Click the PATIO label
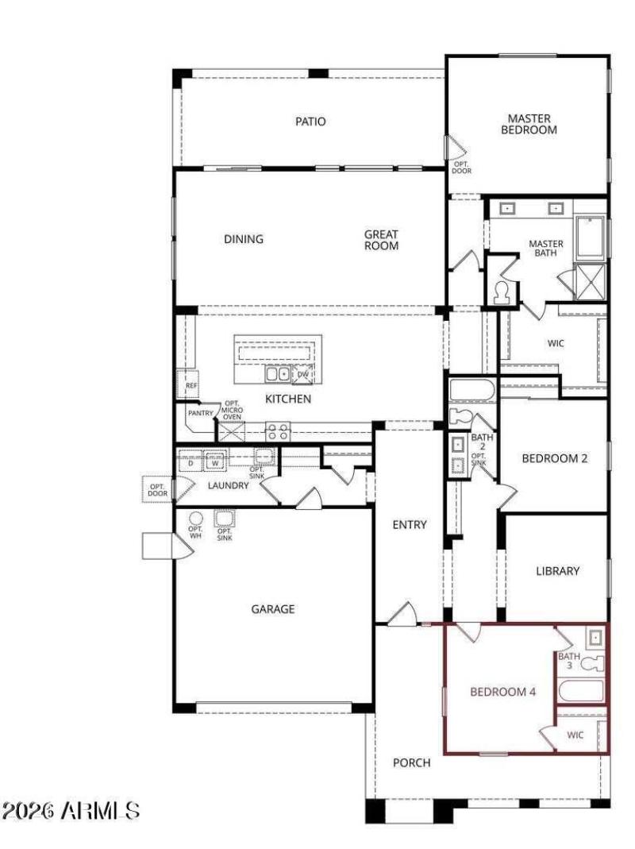click(x=311, y=122)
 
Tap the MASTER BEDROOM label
click(x=529, y=124)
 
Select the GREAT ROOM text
click(x=381, y=240)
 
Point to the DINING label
click(x=243, y=239)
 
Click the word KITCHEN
click(x=287, y=399)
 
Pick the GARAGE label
click(x=273, y=609)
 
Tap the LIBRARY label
click(x=557, y=570)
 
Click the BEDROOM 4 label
click(x=503, y=692)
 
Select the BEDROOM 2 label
click(x=554, y=458)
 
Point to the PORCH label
click(x=412, y=762)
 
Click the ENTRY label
click(x=410, y=524)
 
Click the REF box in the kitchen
click(x=190, y=385)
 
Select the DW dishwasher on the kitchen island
click(x=302, y=373)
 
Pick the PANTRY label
click(x=199, y=413)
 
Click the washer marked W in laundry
click(x=214, y=461)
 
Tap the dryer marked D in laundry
click(x=190, y=461)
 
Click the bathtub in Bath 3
click(x=581, y=689)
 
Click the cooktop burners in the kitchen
click(x=277, y=431)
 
